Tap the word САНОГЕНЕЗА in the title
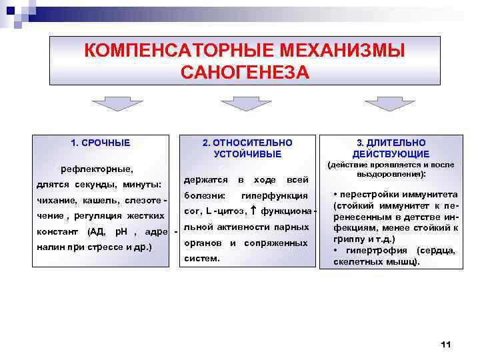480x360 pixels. pyautogui.click(x=245, y=72)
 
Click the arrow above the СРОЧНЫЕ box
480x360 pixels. pyautogui.click(x=113, y=103)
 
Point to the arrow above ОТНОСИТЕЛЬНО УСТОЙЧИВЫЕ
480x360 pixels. pyautogui.click(x=246, y=103)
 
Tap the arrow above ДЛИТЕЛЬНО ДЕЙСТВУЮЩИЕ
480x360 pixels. pyautogui.click(x=391, y=103)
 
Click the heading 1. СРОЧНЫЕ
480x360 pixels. pyautogui.click(x=101, y=143)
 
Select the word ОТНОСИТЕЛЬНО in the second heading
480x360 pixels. pyautogui.click(x=247, y=143)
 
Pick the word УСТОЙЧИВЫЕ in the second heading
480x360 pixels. pyautogui.click(x=247, y=154)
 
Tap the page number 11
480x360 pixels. pyautogui.click(x=447, y=344)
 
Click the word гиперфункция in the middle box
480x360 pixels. pyautogui.click(x=275, y=196)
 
